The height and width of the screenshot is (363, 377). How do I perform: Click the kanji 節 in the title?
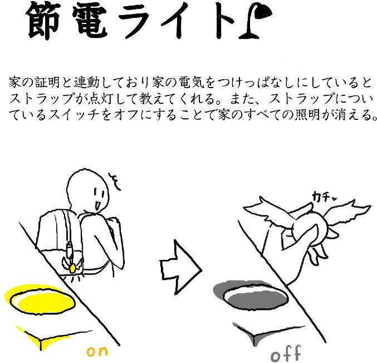coord(43,21)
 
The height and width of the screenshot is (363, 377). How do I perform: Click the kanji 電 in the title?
coord(89,22)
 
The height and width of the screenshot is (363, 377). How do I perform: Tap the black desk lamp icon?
coord(256,21)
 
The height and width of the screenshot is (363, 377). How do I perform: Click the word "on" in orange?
coord(97,351)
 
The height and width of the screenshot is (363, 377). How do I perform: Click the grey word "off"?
coord(286,353)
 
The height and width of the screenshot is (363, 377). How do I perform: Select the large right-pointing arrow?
coord(180,267)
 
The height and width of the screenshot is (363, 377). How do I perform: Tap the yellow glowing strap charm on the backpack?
coord(72,268)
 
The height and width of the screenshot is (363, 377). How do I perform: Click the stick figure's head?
coord(86,190)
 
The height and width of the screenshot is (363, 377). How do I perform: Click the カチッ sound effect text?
coord(324,196)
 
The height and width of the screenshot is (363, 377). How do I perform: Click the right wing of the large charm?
coord(348,214)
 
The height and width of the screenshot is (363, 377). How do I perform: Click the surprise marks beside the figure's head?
coord(115,182)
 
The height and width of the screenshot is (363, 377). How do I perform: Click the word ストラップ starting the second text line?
coord(42,99)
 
